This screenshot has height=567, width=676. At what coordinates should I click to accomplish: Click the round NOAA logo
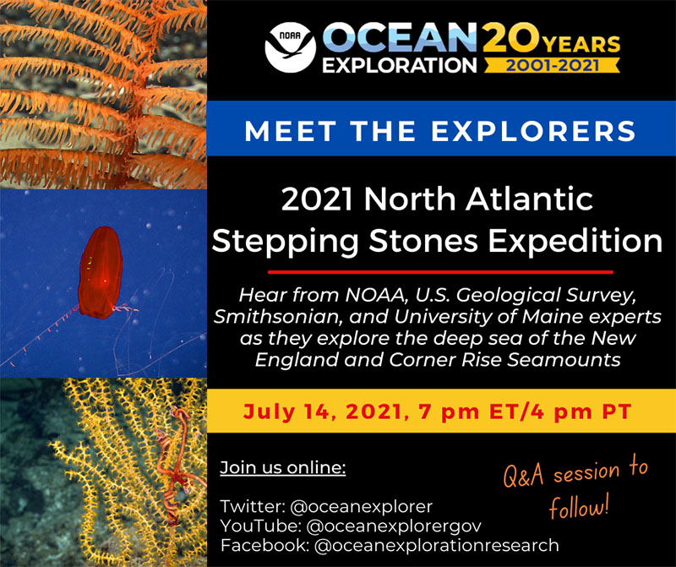click(x=289, y=48)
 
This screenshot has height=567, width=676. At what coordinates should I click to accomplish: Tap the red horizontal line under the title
click(x=440, y=272)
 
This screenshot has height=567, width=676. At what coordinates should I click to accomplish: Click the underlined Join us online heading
click(x=283, y=467)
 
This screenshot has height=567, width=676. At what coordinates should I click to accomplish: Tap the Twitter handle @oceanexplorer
click(x=360, y=507)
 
